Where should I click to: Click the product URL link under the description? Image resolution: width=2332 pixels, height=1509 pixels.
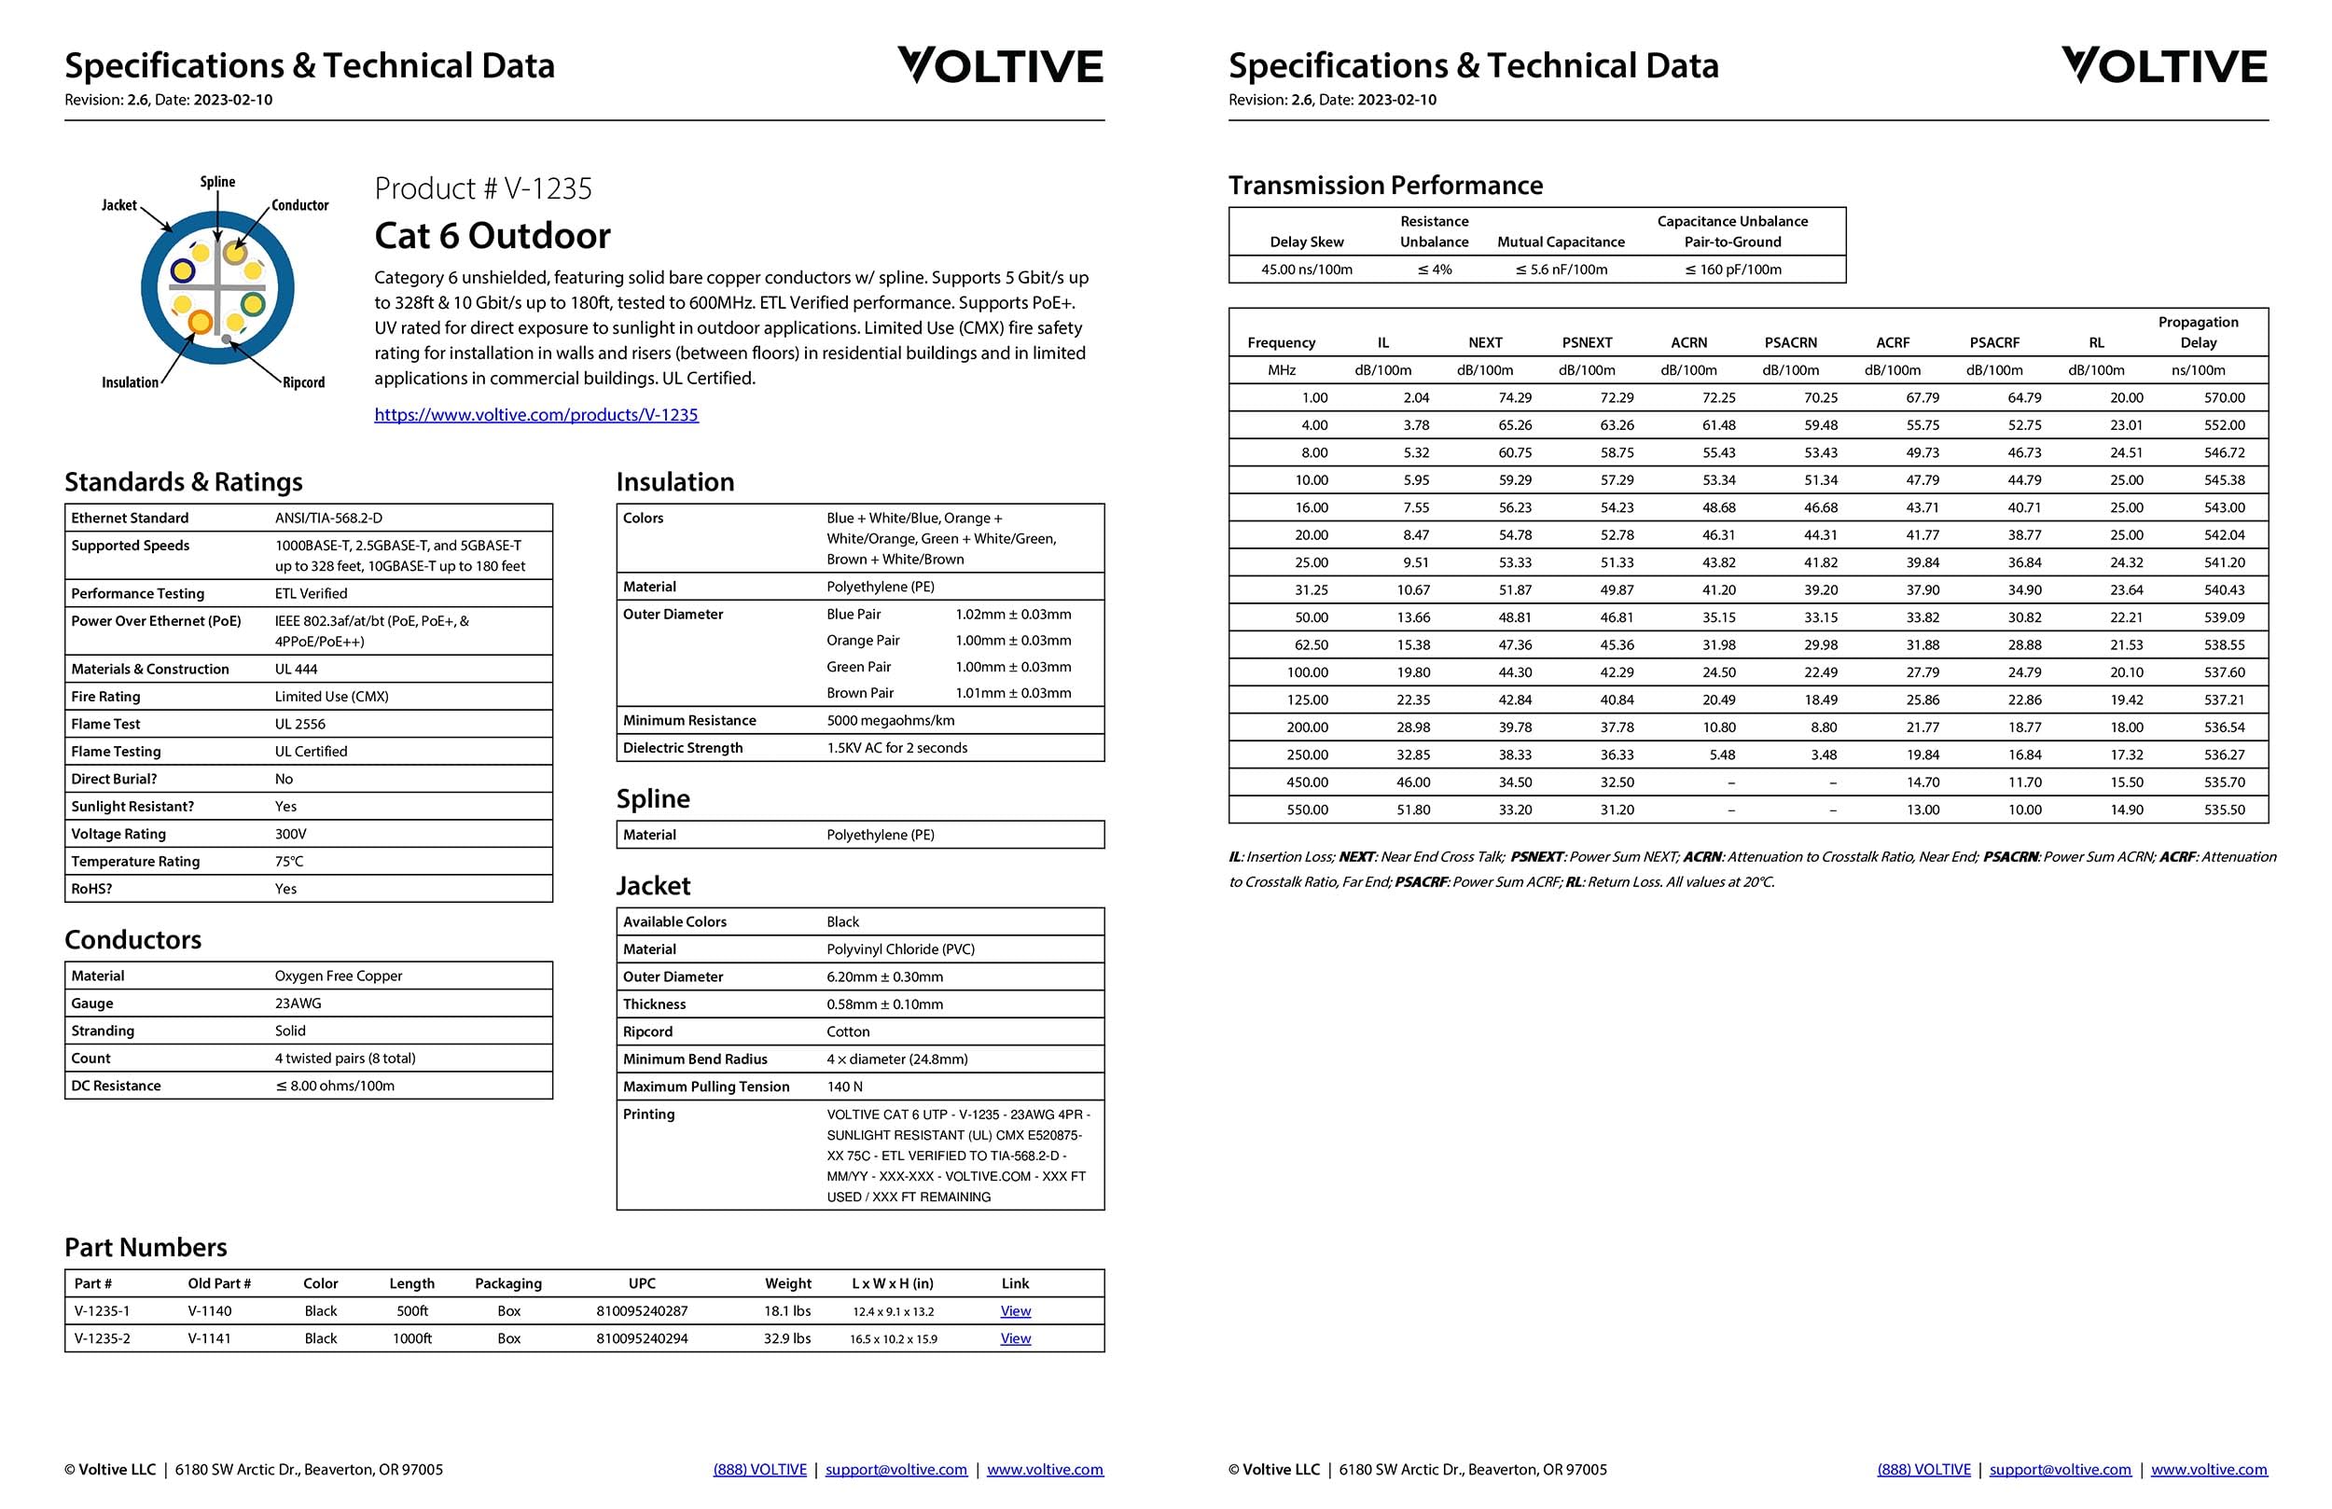[x=536, y=414]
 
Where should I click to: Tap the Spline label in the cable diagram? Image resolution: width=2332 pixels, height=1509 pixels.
[x=217, y=182]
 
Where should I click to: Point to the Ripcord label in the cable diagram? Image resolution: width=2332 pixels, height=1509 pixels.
[x=304, y=382]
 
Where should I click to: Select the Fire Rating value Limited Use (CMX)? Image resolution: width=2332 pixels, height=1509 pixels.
[x=331, y=697]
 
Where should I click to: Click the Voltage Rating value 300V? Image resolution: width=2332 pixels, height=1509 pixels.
[x=290, y=834]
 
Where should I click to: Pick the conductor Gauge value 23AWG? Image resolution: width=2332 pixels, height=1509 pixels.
[x=298, y=1004]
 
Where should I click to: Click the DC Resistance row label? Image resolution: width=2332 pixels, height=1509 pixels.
[x=116, y=1086]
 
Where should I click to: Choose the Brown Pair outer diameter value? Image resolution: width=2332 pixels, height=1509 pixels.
[x=1012, y=693]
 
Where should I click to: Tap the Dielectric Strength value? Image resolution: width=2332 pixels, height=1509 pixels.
[x=896, y=748]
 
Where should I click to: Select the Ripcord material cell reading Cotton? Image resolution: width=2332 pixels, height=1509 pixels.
[x=848, y=1031]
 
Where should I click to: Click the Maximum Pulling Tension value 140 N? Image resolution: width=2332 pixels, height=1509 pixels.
[x=844, y=1087]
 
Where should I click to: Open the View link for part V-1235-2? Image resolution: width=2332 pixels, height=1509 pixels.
[x=1015, y=1338]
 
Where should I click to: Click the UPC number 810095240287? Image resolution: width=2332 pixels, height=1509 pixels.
[x=642, y=1311]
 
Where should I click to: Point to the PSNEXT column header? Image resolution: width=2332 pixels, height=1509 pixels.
[x=1587, y=343]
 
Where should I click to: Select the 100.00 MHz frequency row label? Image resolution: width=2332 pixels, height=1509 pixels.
[x=1307, y=672]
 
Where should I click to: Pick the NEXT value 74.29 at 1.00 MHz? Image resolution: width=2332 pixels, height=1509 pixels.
[x=1514, y=398]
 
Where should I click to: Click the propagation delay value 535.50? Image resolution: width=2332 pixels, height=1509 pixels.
[x=2224, y=810]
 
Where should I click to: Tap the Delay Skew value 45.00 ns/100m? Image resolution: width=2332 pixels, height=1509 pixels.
[x=1306, y=270]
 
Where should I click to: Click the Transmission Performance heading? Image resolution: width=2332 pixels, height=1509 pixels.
[x=1385, y=186]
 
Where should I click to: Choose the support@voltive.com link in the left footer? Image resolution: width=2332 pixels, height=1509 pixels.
[x=895, y=1470]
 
